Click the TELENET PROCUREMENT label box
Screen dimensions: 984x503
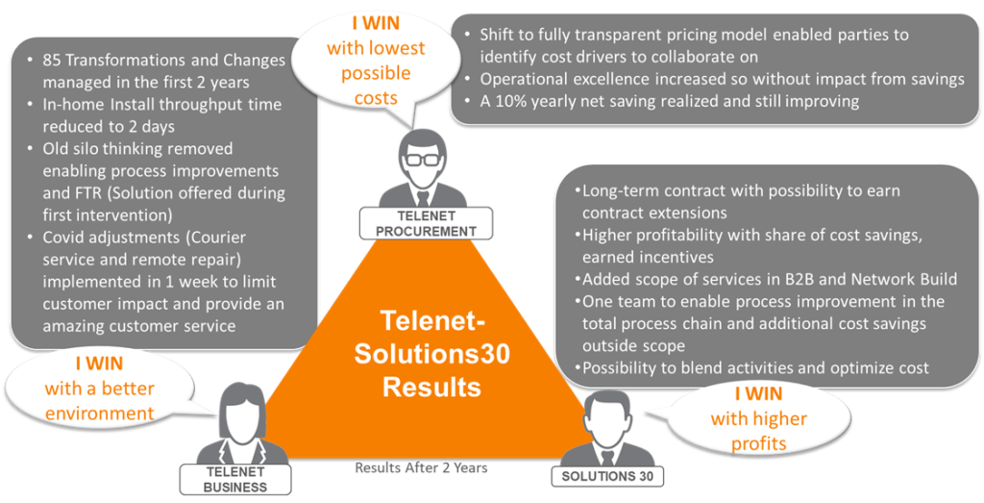426,223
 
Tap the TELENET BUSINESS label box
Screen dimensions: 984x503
235,479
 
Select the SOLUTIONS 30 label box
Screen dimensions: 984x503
607,476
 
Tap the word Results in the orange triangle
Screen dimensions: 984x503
431,387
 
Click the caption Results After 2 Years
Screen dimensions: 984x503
421,467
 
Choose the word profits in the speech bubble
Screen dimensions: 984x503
759,443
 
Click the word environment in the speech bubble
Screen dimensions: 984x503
99,414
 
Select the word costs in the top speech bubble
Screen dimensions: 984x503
376,98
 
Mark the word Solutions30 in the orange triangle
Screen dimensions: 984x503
431,354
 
